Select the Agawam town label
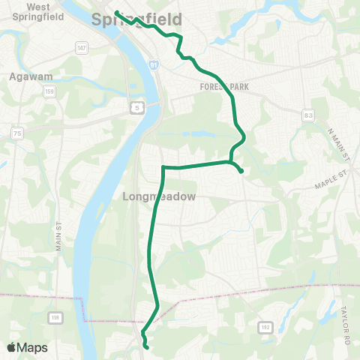[x=29, y=76]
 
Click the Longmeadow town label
[x=158, y=196]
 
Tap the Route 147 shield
[x=82, y=47]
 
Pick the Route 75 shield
[x=16, y=133]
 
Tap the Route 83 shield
[x=308, y=115]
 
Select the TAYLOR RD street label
[x=346, y=313]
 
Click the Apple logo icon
[x=12, y=347]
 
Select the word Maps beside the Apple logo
[x=32, y=347]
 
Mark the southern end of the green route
[x=146, y=347]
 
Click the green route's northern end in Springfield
[x=116, y=11]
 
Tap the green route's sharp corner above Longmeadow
[x=163, y=167]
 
